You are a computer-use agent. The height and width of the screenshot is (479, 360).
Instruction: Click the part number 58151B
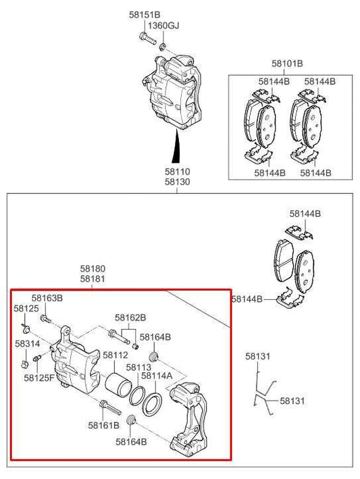point(145,14)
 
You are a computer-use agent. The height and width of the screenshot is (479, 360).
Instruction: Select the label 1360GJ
point(165,25)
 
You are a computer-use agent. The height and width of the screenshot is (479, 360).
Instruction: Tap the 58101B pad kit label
point(287,64)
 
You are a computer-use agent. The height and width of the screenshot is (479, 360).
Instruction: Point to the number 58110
point(178,172)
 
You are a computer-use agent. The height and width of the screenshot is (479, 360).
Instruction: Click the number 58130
point(178,182)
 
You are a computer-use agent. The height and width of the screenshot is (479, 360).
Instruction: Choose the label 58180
point(93,268)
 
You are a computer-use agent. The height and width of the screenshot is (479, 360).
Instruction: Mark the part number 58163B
point(47,298)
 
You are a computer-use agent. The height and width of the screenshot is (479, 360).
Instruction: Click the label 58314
point(26,343)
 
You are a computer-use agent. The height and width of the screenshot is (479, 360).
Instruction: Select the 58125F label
point(39,378)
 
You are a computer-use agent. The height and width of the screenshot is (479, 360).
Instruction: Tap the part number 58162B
point(130,317)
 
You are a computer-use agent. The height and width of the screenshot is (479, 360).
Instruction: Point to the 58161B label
point(103,425)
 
